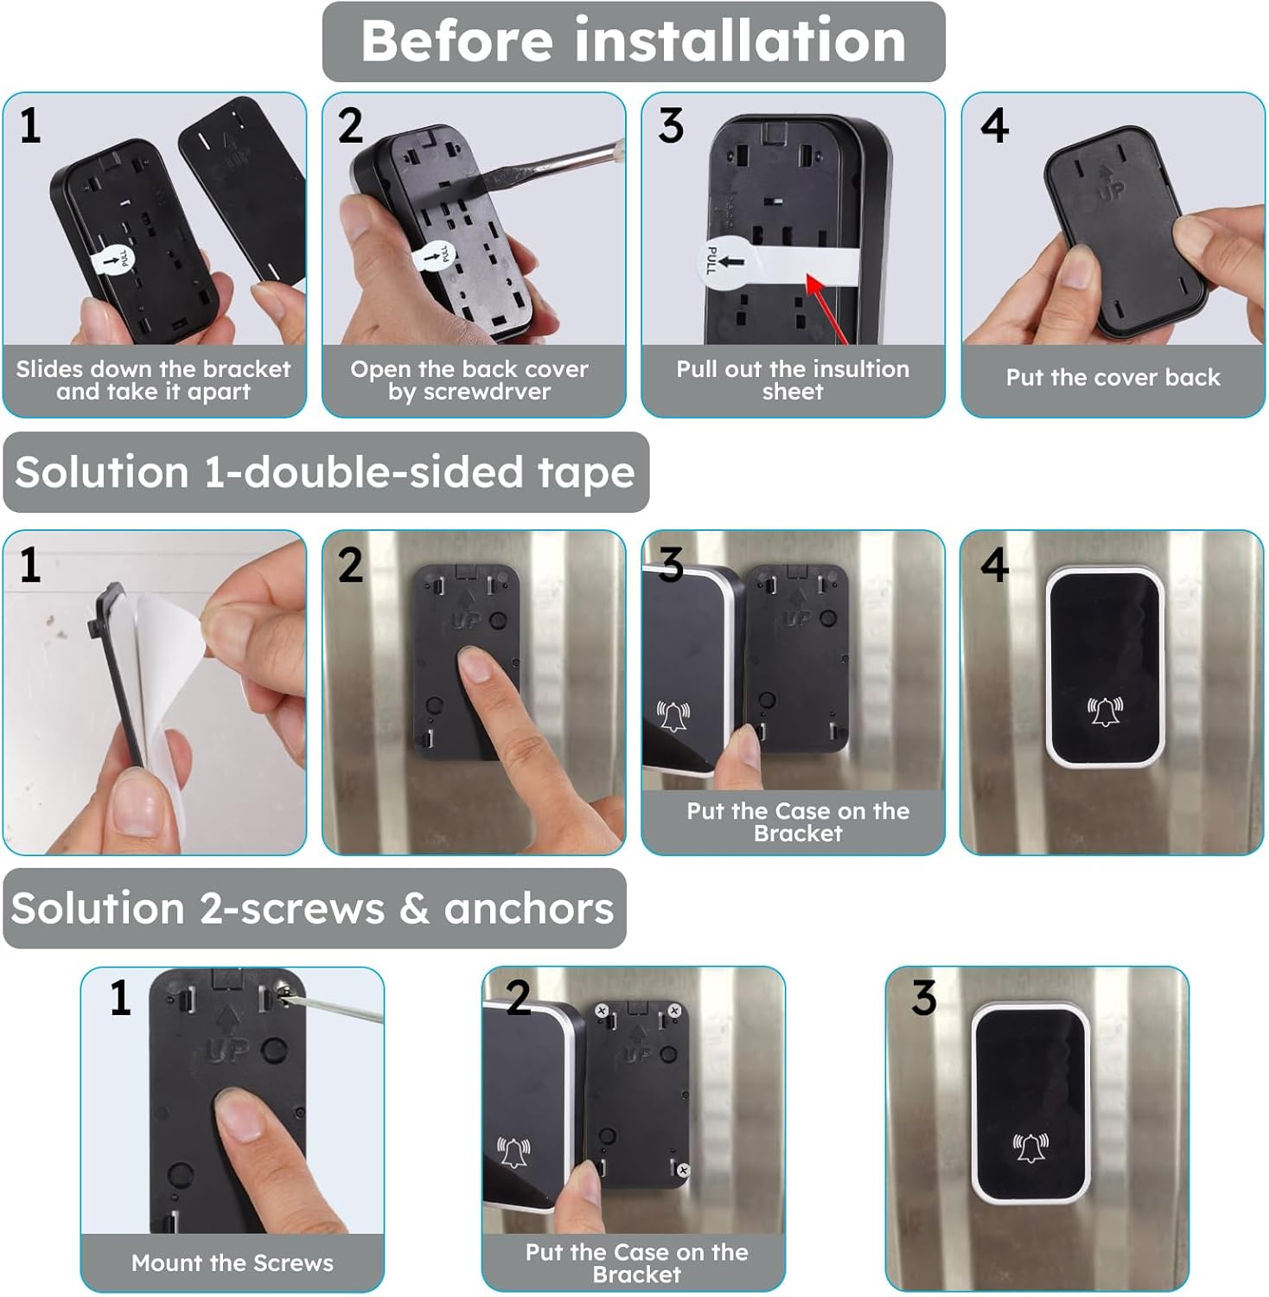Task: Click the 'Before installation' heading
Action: pos(634,42)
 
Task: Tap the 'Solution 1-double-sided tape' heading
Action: pos(325,473)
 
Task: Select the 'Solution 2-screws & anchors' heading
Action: pos(313,909)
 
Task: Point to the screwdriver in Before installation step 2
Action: pos(553,164)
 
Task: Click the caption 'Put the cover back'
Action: pos(1113,378)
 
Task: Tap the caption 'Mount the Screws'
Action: pos(232,1263)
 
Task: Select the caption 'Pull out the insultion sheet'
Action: pos(793,380)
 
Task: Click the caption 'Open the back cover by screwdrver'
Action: pos(469,380)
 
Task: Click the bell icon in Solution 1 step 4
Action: pos(1105,711)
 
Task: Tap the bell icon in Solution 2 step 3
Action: pos(1030,1147)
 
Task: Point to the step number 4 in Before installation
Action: pos(994,126)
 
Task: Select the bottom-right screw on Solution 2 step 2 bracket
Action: pos(683,1170)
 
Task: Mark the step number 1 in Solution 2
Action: pos(120,998)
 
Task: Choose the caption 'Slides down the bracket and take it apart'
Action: pos(154,380)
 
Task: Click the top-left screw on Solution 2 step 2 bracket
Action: pos(602,1010)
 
